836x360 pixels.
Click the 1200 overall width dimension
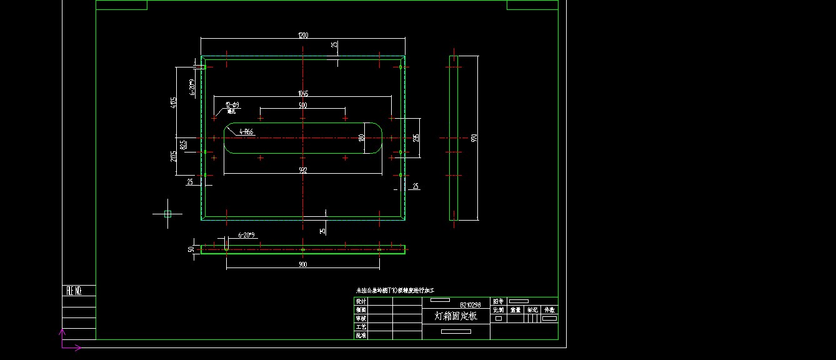[x=303, y=36]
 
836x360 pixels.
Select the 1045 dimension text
[x=303, y=94]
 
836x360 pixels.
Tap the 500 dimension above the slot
[x=303, y=106]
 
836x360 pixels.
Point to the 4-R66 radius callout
[x=246, y=132]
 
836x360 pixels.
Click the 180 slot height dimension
[x=361, y=137]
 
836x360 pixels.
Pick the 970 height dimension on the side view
[x=475, y=137]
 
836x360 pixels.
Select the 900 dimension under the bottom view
[x=303, y=264]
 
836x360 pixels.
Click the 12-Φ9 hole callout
[x=232, y=105]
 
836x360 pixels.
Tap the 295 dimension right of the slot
[x=416, y=137]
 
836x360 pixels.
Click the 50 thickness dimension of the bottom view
[x=191, y=249]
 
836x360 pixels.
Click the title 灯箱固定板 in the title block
[x=455, y=316]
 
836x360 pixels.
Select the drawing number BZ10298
[x=470, y=305]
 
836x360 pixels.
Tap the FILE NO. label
[x=74, y=291]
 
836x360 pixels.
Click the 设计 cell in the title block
[x=361, y=301]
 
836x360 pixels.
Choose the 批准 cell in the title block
[x=361, y=336]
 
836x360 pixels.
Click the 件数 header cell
[x=549, y=310]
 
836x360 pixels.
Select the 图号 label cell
[x=498, y=301]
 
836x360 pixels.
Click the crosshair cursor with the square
[x=167, y=214]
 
